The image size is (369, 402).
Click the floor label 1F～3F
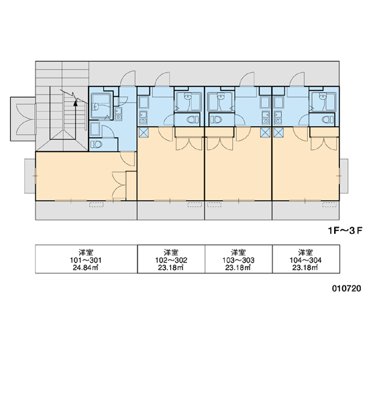pos(345,230)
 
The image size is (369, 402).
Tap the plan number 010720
pos(346,288)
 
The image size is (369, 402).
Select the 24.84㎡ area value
pos(86,267)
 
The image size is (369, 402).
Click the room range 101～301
pos(86,260)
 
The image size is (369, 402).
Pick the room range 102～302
pos(171,260)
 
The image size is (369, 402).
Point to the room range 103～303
pos(238,260)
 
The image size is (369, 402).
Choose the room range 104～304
pos(305,260)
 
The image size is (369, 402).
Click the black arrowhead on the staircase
pos(75,103)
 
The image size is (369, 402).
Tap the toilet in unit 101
pos(97,144)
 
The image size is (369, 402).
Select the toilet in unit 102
pos(193,119)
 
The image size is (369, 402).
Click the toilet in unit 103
pos(216,119)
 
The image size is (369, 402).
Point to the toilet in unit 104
pos(327,119)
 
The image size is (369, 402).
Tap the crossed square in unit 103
pos(265,133)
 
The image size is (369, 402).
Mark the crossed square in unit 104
pos(278,133)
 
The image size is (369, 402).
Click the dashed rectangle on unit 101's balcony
pos(97,204)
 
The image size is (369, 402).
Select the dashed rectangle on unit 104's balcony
pos(329,204)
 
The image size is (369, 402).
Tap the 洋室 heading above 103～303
pos(238,253)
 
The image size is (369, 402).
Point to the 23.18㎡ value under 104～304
pos(305,267)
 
